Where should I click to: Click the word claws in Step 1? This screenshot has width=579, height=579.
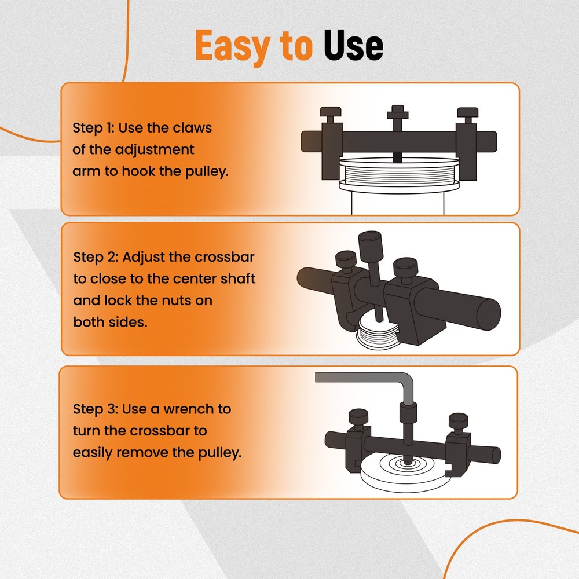coord(192,128)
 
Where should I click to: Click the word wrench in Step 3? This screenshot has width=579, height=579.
coord(179,409)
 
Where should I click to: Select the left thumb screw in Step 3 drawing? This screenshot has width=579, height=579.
coord(358,418)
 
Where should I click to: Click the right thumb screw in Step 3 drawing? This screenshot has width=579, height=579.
coord(457,420)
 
